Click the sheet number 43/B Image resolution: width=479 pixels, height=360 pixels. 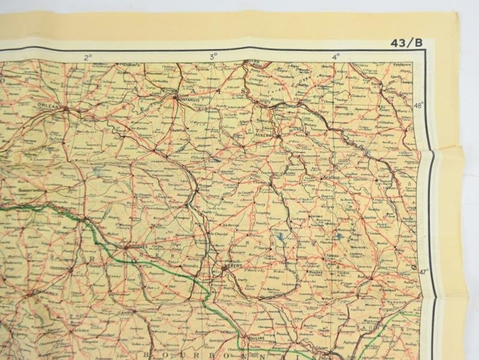pyautogui.click(x=405, y=43)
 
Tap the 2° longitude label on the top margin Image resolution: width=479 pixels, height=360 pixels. pyautogui.click(x=89, y=57)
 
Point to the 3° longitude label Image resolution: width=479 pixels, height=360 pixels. pyautogui.click(x=214, y=57)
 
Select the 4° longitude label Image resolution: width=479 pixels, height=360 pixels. pyautogui.click(x=336, y=56)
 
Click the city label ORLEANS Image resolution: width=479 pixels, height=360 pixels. pyautogui.click(x=53, y=107)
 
